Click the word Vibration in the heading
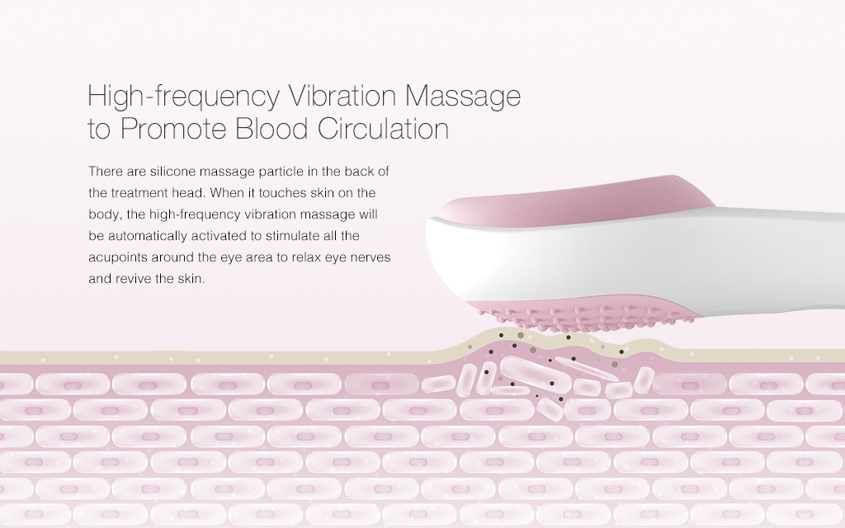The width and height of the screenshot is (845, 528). click(x=342, y=96)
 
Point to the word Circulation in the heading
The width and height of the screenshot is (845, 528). click(x=383, y=128)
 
